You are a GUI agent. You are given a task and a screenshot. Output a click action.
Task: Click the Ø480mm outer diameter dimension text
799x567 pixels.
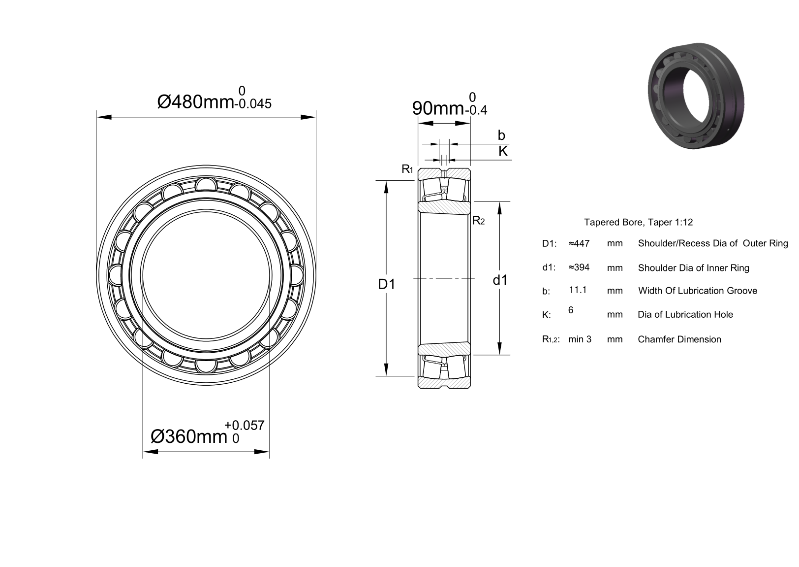(195, 102)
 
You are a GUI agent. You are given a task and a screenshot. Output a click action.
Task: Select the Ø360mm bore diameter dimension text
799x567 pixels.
(189, 436)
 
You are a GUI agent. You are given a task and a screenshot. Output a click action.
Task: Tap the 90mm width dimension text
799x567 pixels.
(438, 108)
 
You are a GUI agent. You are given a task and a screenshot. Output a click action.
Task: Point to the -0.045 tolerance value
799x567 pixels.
(253, 104)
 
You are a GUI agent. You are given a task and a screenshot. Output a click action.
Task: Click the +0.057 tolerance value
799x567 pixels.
(245, 425)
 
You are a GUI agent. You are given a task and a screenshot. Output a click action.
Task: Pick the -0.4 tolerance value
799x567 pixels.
(476, 110)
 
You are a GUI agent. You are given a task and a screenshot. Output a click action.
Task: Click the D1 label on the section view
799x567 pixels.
(387, 284)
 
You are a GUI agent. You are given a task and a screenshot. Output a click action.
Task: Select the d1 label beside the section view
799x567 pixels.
(500, 280)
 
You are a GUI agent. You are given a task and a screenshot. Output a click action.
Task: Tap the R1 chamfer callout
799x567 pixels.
(407, 169)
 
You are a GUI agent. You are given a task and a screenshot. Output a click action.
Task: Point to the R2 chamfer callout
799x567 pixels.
(478, 221)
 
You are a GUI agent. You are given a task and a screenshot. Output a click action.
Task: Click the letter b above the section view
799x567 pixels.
(501, 135)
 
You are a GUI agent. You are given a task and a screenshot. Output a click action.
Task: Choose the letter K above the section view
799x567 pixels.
(503, 151)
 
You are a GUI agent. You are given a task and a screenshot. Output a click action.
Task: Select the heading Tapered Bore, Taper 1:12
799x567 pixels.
(639, 222)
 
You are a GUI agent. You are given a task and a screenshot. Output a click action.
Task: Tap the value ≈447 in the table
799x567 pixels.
(579, 243)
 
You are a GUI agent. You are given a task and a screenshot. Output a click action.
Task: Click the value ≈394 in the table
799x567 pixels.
(579, 267)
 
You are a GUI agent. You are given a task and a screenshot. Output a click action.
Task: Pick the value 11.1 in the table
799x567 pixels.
(578, 290)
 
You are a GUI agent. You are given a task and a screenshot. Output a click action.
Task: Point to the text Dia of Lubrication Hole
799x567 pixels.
(685, 315)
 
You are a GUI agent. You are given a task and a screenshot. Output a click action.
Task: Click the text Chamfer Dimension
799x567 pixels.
(679, 339)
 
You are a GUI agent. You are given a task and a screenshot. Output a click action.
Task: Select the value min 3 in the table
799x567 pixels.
(580, 339)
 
